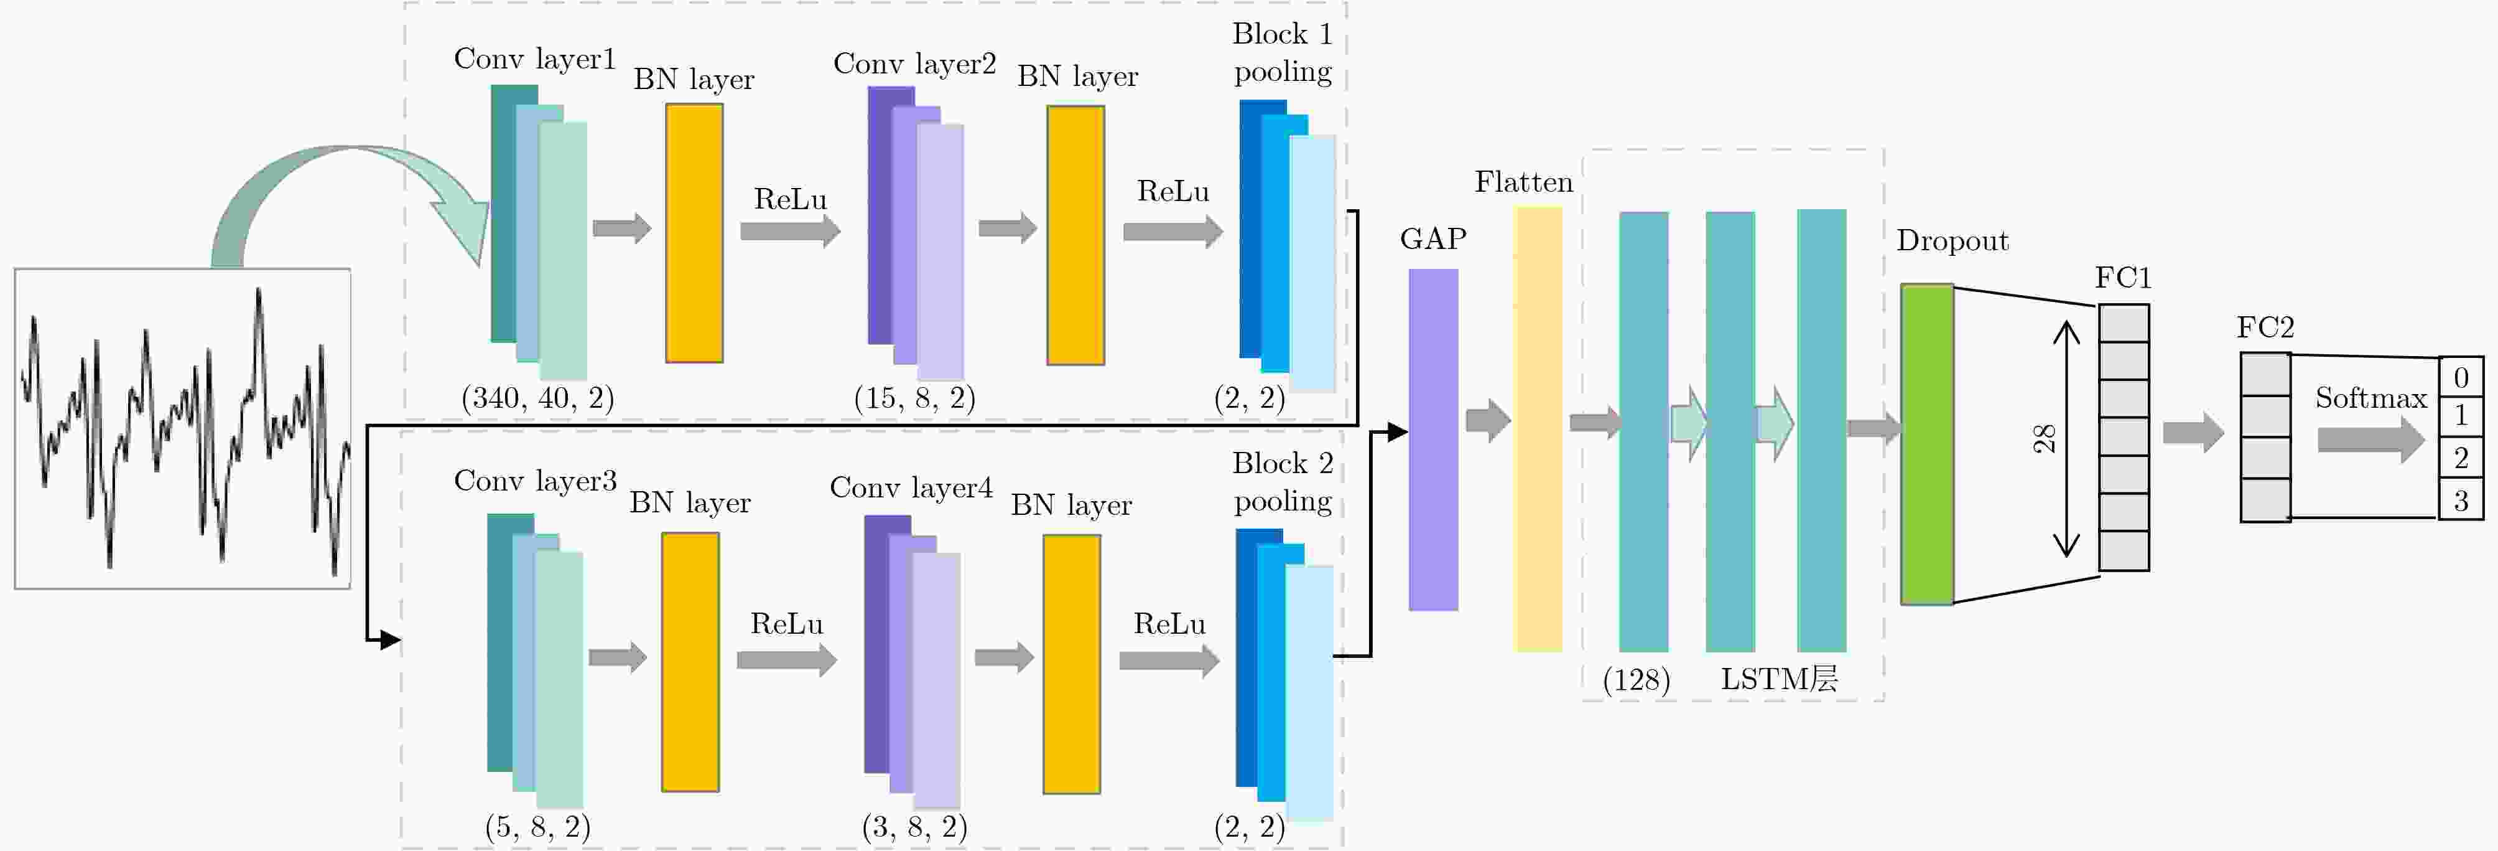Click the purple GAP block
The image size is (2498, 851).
[x=1432, y=439]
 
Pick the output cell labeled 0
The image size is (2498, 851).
[x=2460, y=377]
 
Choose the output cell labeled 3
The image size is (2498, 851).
[x=2460, y=501]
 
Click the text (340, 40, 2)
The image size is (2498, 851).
[x=537, y=398]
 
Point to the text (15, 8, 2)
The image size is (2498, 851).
[x=914, y=398]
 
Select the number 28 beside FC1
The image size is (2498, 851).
[x=2044, y=439]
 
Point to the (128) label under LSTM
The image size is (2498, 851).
[x=1636, y=679]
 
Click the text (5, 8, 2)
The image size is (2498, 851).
[x=537, y=827]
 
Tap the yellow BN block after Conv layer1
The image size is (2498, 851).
[x=694, y=233]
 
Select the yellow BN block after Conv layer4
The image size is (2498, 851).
[x=1070, y=664]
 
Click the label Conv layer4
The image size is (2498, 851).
[x=911, y=487]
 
